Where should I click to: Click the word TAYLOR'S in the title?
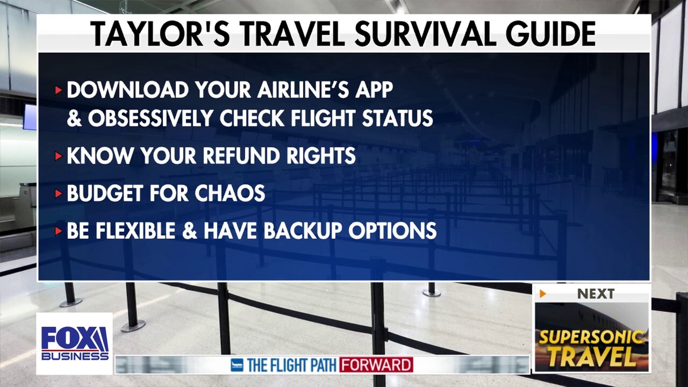coord(160,34)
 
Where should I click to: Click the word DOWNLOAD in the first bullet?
coord(128,90)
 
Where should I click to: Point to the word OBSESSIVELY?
coord(150,118)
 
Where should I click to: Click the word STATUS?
coord(397,118)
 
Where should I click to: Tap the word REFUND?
coord(241,155)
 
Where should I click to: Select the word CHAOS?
coord(230,193)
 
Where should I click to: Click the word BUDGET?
coord(105,193)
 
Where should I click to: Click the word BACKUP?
coord(303,231)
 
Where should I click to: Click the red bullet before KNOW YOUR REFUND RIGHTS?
coord(59,156)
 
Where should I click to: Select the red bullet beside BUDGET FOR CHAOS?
coord(59,193)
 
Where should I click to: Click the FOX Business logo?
coord(75,343)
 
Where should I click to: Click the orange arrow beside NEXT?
coord(543,294)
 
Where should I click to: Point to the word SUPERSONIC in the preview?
coord(591,338)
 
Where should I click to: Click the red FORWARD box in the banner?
coord(376,364)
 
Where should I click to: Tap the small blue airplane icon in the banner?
coord(237,365)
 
